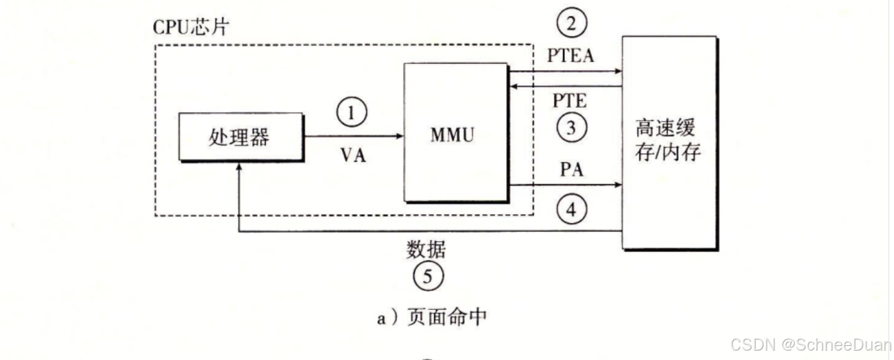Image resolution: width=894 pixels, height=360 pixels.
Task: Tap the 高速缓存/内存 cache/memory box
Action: pyautogui.click(x=668, y=142)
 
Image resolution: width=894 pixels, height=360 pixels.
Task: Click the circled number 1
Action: pyautogui.click(x=351, y=112)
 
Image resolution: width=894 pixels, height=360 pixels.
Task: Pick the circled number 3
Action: pyautogui.click(x=571, y=127)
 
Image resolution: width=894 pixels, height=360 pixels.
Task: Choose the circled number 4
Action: pyautogui.click(x=571, y=209)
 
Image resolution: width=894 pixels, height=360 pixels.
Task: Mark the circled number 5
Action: pyautogui.click(x=427, y=276)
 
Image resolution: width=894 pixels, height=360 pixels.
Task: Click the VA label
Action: pyautogui.click(x=353, y=156)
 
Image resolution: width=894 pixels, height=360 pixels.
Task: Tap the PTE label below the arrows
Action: pyautogui.click(x=570, y=101)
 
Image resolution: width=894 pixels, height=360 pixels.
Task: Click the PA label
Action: pyautogui.click(x=571, y=171)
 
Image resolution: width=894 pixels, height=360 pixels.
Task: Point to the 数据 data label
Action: pyautogui.click(x=426, y=250)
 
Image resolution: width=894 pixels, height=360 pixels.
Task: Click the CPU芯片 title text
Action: pyautogui.click(x=190, y=28)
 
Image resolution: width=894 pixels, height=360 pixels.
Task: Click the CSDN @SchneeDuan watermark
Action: pyautogui.click(x=811, y=344)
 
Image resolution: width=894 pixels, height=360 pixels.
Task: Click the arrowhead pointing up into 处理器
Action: pyautogui.click(x=239, y=168)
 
